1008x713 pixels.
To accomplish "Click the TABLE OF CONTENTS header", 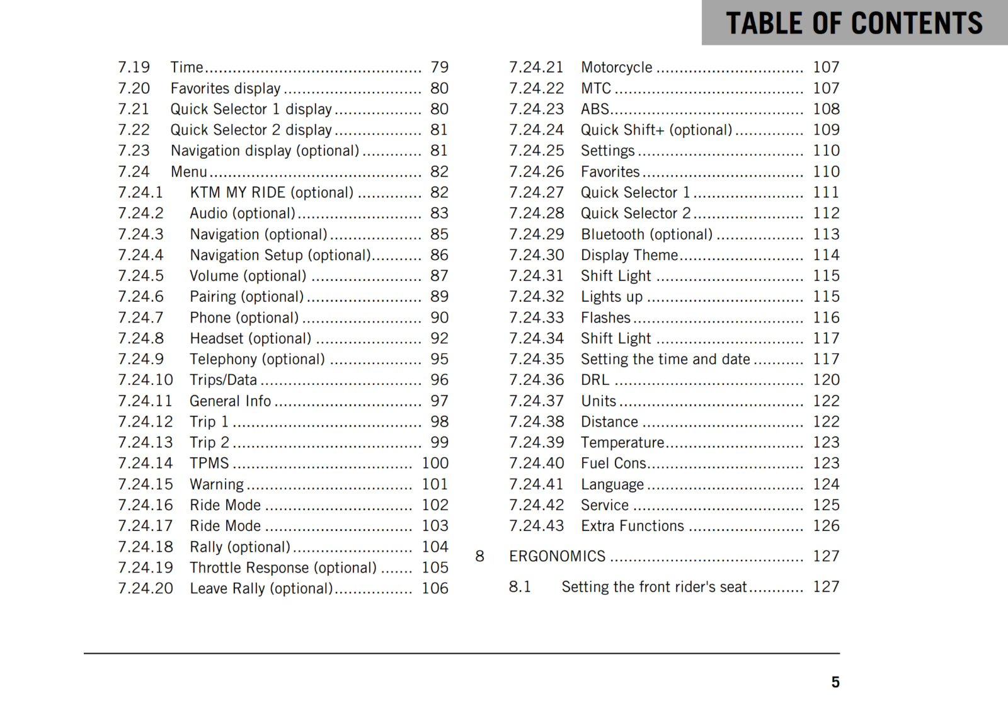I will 854,23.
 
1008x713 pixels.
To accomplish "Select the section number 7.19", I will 134,67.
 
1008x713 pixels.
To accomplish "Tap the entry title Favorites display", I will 225,88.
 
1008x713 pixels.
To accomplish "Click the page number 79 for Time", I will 439,67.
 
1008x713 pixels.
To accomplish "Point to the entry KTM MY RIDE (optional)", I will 272,193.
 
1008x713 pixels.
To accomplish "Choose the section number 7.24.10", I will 145,380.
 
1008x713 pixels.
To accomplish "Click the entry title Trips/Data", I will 223,380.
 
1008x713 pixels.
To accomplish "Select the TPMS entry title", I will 209,464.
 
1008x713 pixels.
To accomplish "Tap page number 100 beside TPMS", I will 435,464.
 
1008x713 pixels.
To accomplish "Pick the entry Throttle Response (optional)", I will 283,568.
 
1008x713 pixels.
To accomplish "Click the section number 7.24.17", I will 145,526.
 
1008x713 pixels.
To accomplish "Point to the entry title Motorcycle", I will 616,67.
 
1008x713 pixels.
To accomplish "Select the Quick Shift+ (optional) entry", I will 656,130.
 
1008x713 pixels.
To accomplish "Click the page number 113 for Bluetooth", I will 825,234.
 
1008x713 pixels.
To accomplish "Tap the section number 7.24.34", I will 536,339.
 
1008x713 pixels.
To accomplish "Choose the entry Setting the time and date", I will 665,360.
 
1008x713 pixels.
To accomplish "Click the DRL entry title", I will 595,380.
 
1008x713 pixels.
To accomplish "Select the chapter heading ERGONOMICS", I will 557,556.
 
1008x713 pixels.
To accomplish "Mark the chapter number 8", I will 479,556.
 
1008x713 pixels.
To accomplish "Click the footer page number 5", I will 835,682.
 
